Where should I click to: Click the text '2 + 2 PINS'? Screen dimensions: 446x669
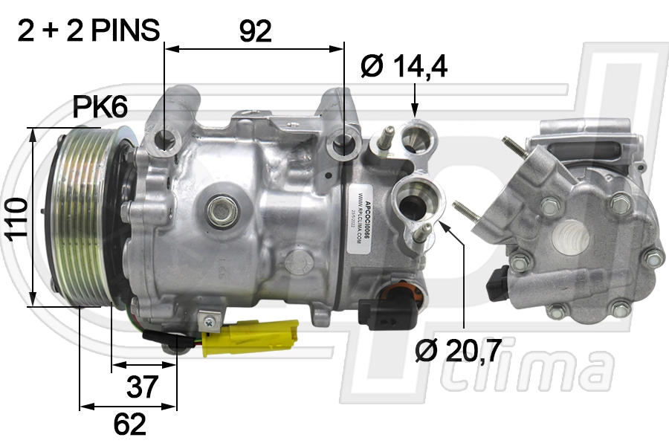point(88,30)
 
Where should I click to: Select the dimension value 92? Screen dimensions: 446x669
point(254,31)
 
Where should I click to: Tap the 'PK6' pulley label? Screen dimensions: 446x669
point(100,108)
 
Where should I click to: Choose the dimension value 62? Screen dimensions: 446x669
point(129,424)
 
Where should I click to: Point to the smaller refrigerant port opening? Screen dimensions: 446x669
point(414,137)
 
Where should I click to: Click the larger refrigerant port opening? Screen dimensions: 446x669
point(412,199)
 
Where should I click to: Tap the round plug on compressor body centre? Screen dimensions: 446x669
point(221,210)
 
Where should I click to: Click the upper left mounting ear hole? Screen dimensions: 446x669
point(165,139)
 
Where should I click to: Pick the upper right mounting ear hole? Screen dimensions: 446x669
point(344,142)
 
